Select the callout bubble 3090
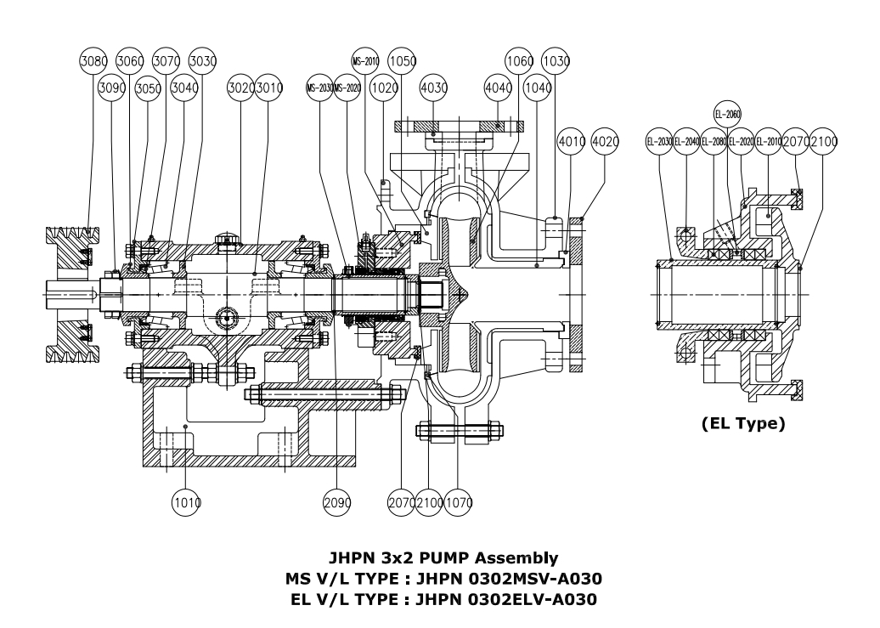(x=112, y=88)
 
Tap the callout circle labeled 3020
(x=241, y=88)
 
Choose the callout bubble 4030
(x=433, y=88)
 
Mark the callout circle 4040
(x=498, y=88)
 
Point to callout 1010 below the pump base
(x=186, y=503)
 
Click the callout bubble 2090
(x=336, y=503)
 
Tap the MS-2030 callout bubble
(x=320, y=88)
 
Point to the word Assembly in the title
(x=519, y=558)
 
